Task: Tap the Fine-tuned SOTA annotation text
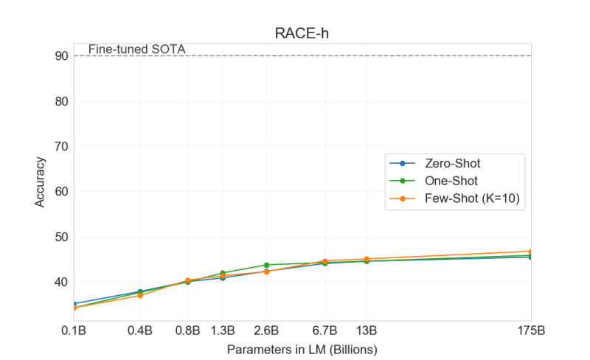[x=136, y=49]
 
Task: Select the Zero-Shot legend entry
[x=453, y=162]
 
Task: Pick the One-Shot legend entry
[x=451, y=181]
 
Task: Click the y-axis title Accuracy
[x=41, y=181]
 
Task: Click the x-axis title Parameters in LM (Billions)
[x=302, y=347]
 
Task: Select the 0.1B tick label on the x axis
[x=74, y=330]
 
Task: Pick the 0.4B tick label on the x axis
[x=140, y=330]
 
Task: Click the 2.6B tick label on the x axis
[x=265, y=330]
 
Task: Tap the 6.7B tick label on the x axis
[x=324, y=330]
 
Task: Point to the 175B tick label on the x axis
[x=530, y=330]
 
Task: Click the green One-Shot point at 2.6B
[x=265, y=265]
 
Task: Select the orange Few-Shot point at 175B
[x=530, y=252]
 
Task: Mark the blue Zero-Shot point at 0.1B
[x=74, y=304]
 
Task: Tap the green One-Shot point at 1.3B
[x=223, y=273]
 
